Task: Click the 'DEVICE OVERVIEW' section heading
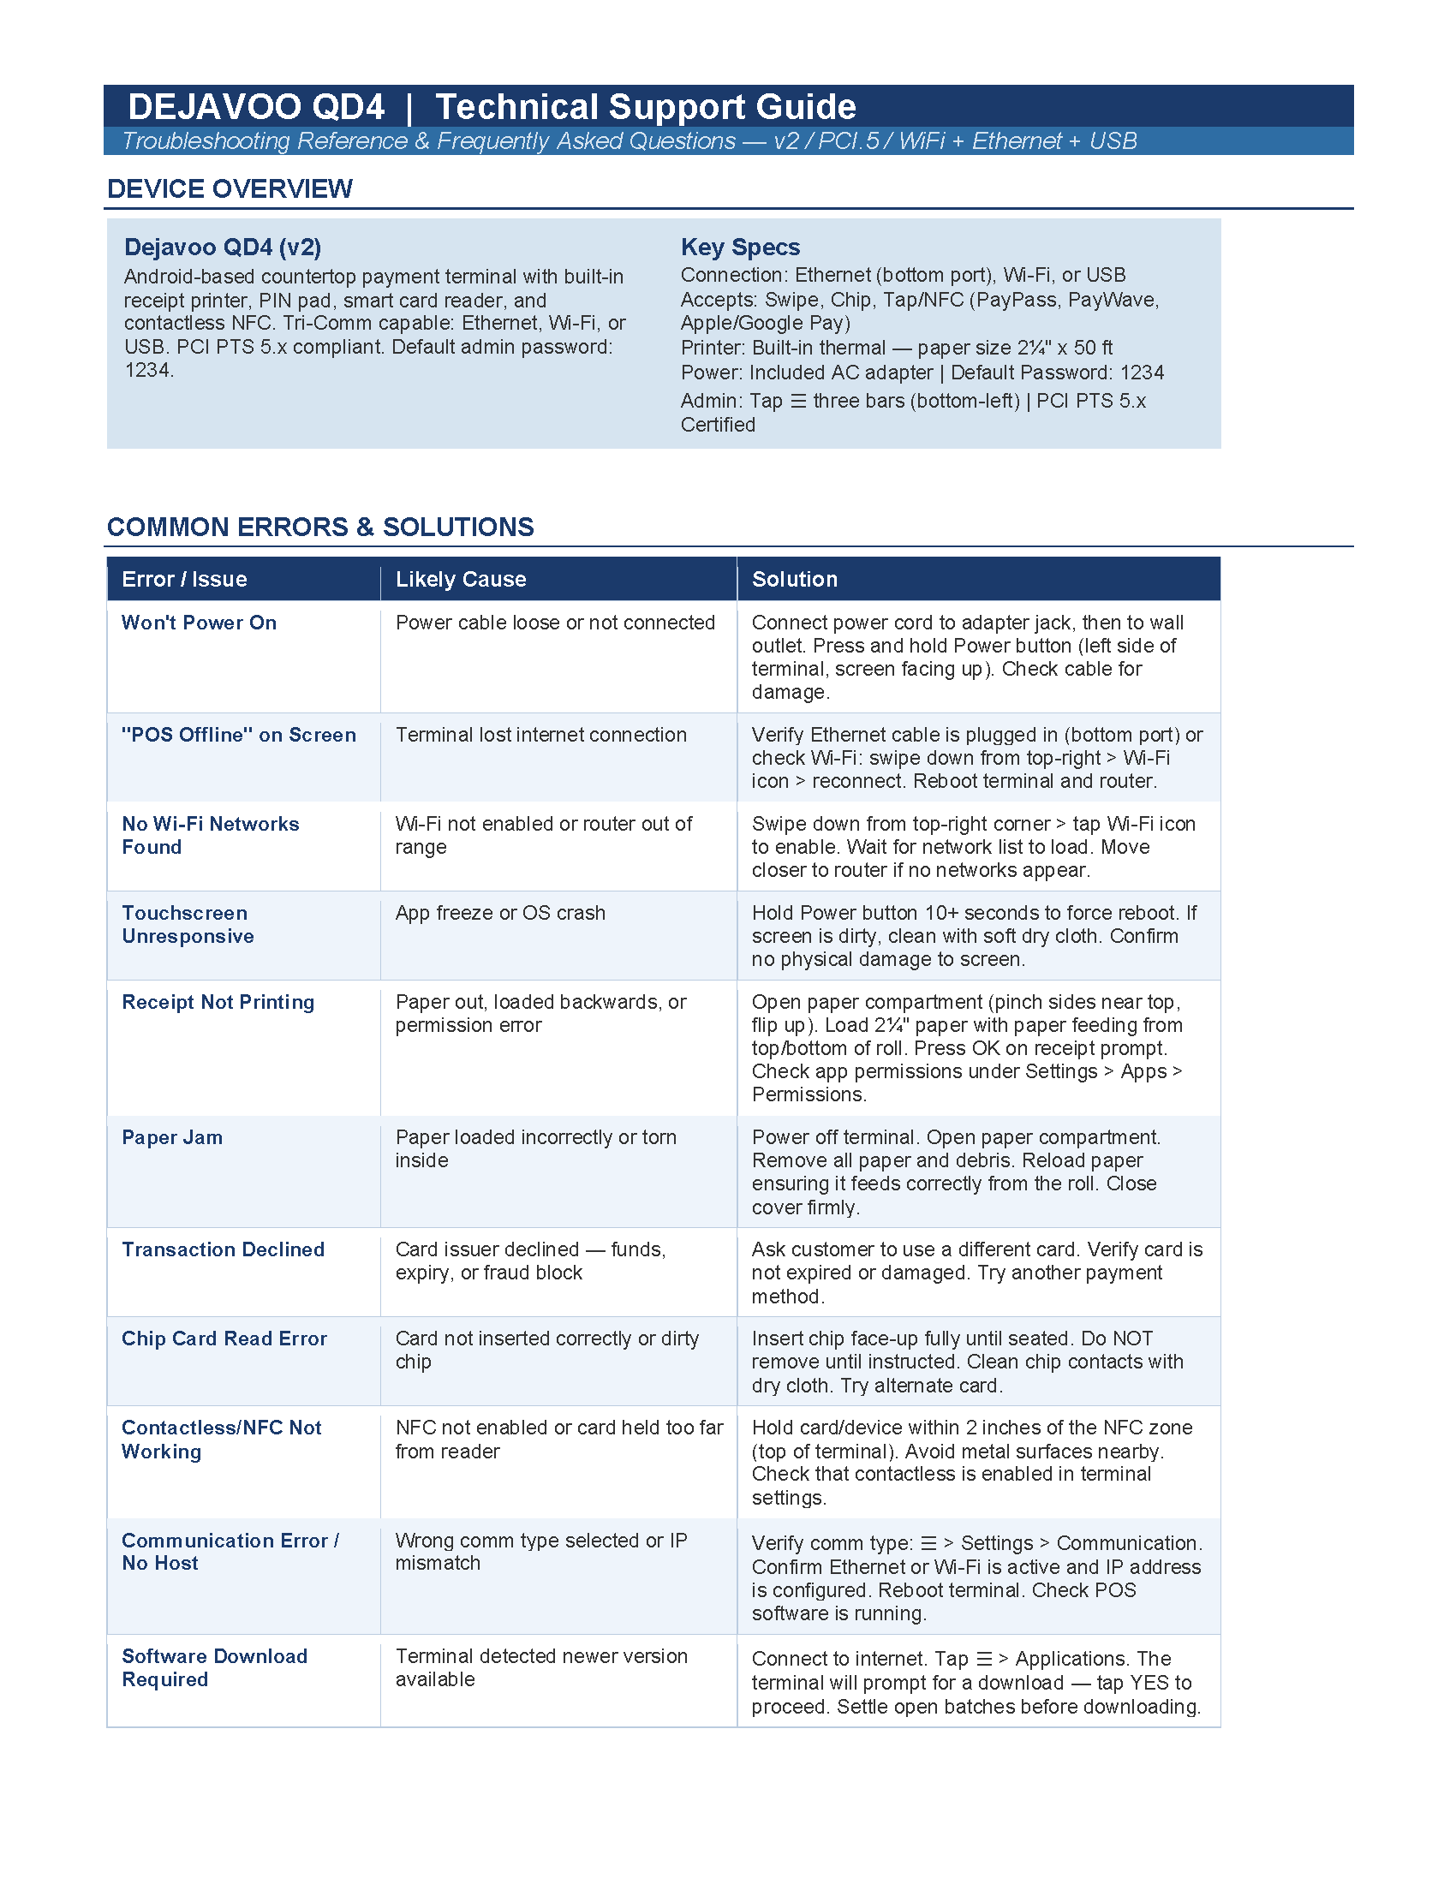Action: pyautogui.click(x=230, y=189)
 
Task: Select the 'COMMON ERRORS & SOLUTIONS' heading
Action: pyautogui.click(x=320, y=527)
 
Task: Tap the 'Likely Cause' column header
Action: pyautogui.click(x=461, y=579)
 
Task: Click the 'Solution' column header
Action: pyautogui.click(x=795, y=579)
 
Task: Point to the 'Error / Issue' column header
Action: pyautogui.click(x=185, y=579)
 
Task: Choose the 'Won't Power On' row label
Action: pyautogui.click(x=200, y=623)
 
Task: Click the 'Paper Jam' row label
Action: pyautogui.click(x=172, y=1137)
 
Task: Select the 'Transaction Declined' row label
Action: pyautogui.click(x=224, y=1249)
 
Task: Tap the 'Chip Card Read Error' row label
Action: pyautogui.click(x=224, y=1338)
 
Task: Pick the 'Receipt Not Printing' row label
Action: pyautogui.click(x=218, y=1002)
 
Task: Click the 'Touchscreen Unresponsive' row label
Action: pyautogui.click(x=188, y=925)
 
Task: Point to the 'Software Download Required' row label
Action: pyautogui.click(x=215, y=1667)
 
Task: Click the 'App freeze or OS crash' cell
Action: pyautogui.click(x=500, y=913)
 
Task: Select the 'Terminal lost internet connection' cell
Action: pyautogui.click(x=540, y=735)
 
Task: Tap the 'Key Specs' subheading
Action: pyautogui.click(x=740, y=247)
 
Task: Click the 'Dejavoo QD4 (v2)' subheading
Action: pyautogui.click(x=223, y=247)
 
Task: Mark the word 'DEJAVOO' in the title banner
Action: pyautogui.click(x=215, y=107)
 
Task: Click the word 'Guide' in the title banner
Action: pyautogui.click(x=806, y=107)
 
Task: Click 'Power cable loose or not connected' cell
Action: pyautogui.click(x=555, y=623)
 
